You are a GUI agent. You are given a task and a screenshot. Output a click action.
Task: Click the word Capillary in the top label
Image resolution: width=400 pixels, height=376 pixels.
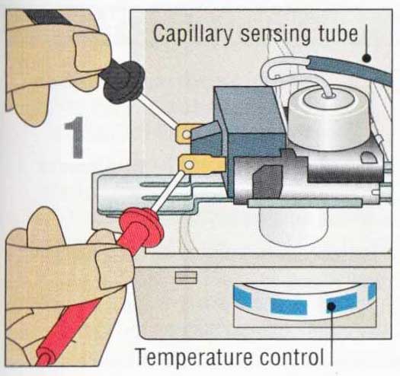tap(193, 33)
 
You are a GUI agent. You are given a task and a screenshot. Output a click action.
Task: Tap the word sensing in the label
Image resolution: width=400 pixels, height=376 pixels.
tap(275, 35)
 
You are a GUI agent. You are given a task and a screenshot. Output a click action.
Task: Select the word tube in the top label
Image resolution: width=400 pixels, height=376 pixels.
tap(338, 33)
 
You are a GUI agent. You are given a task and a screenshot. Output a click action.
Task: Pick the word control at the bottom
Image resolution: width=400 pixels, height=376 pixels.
tap(291, 356)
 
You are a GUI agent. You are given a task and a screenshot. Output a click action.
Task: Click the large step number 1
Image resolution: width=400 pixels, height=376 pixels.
tap(75, 138)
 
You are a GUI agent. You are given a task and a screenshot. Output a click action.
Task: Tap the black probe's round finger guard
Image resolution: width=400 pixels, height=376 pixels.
tap(124, 82)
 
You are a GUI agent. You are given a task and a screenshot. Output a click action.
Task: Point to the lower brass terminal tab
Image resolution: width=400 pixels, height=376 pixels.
tap(202, 165)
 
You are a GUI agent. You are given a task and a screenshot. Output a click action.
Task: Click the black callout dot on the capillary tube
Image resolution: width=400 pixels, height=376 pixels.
tap(366, 58)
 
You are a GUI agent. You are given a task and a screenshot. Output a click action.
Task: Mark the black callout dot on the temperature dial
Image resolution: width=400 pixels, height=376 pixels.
tap(331, 306)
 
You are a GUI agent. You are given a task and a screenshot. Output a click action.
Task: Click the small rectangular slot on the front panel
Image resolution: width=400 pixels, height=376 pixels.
tap(186, 277)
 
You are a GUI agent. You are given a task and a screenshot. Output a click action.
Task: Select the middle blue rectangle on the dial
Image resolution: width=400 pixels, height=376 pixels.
tap(289, 307)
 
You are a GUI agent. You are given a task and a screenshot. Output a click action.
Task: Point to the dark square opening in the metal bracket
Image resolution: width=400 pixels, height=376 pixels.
tap(267, 182)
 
